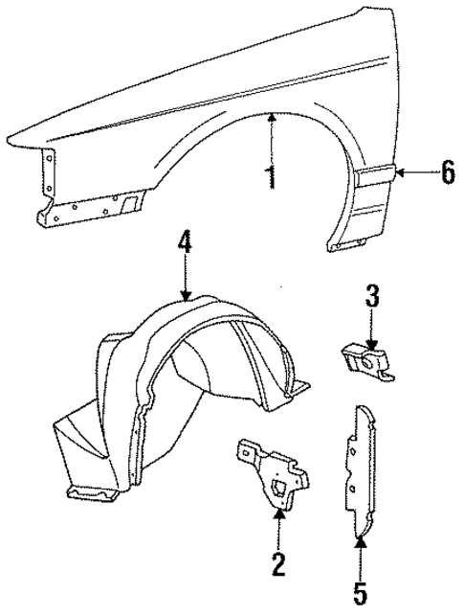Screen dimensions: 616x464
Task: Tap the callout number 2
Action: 278,566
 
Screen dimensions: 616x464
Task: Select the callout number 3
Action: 371,295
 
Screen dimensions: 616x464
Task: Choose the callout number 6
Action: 445,173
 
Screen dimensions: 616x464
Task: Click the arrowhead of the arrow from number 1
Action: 272,117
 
